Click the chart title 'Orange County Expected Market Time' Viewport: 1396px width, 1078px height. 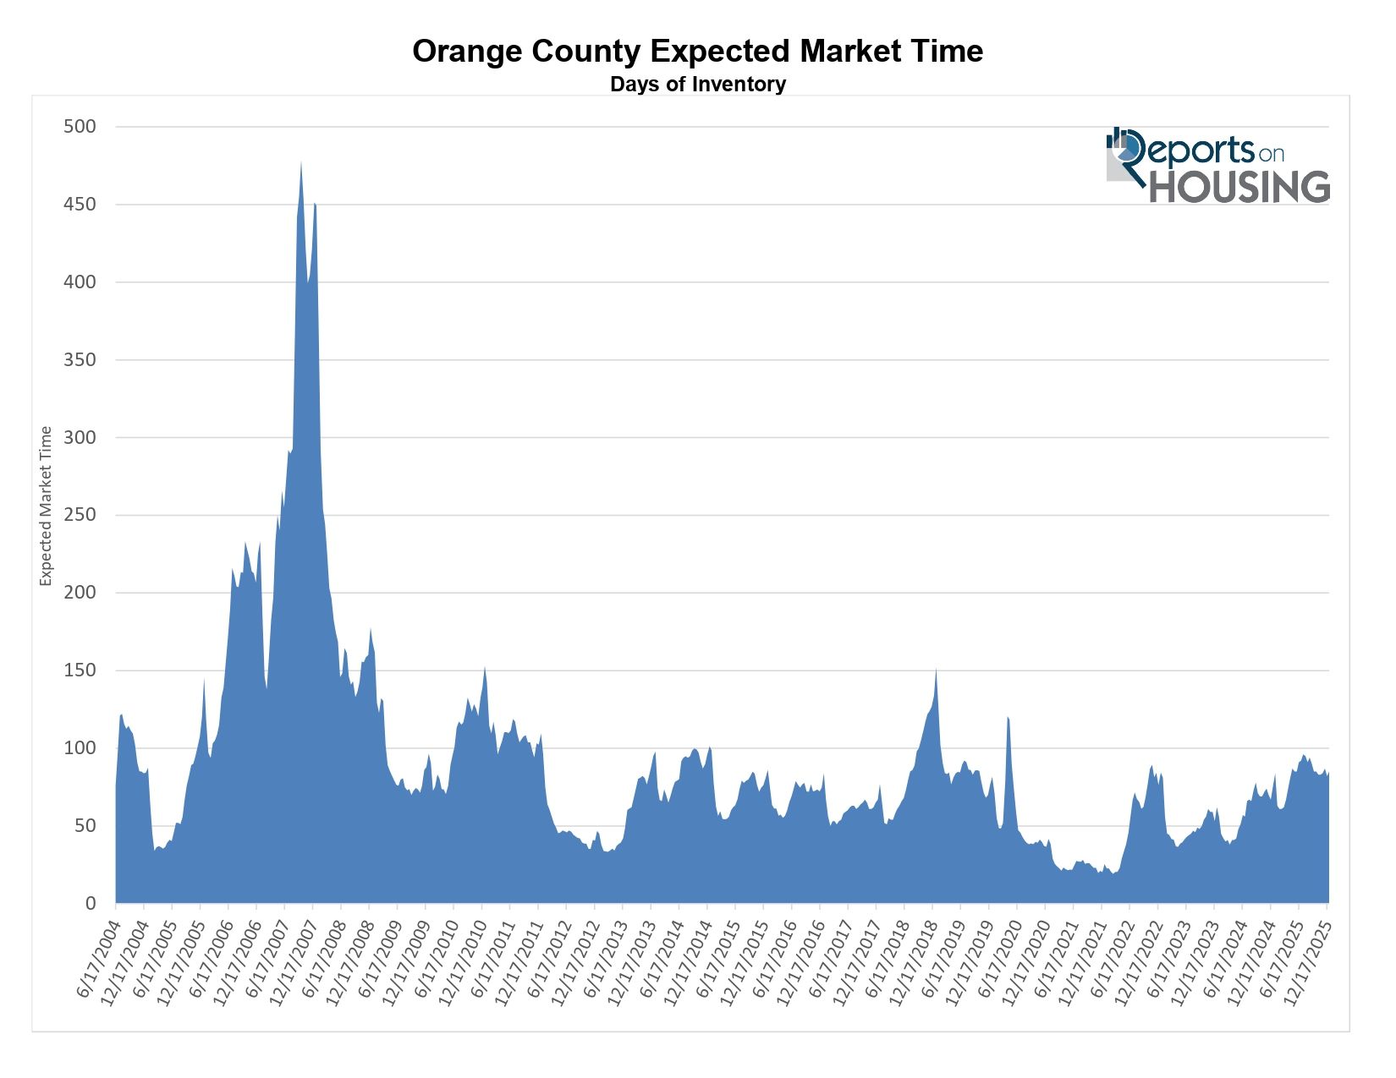697,52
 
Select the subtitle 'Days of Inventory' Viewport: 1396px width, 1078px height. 697,85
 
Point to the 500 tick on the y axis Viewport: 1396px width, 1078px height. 80,127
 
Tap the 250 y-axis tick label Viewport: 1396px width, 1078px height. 80,515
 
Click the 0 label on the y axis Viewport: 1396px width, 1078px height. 91,904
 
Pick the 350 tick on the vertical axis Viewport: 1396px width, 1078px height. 80,360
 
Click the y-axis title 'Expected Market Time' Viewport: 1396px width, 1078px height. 47,506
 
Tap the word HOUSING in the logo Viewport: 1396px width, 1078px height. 1239,187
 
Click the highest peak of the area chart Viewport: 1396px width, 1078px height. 301,162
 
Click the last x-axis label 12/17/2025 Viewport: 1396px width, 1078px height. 1308,964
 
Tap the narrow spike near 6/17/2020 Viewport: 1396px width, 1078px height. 1008,718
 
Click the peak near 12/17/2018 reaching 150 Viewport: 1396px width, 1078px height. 936,670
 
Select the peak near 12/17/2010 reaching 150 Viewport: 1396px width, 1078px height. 485,668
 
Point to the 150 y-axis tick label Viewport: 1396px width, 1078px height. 80,670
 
